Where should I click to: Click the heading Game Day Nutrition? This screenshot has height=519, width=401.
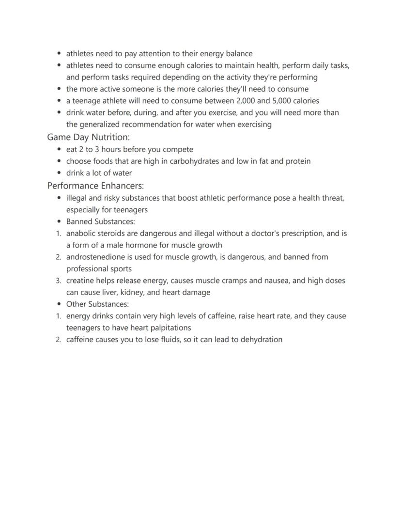(88, 137)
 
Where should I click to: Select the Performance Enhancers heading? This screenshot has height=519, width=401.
(95, 186)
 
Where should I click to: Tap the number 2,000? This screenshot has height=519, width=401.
(248, 101)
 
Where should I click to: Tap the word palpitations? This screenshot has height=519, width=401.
(167, 328)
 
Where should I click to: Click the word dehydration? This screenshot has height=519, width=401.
(261, 339)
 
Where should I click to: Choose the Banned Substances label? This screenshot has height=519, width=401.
(100, 221)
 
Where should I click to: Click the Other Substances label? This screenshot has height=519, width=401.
(97, 304)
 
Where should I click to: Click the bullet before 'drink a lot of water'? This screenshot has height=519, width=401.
(59, 173)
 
